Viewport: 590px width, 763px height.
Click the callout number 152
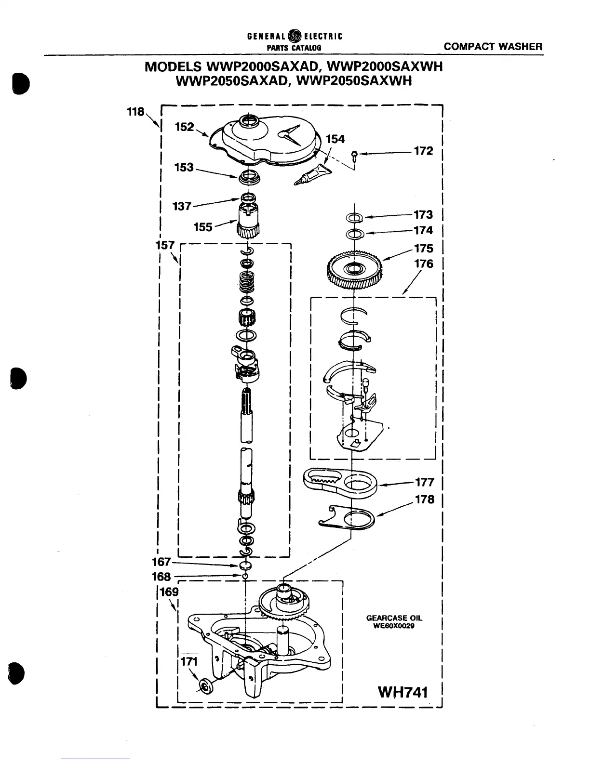coord(184,127)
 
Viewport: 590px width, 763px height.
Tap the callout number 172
coord(423,151)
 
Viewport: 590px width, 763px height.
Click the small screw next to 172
coord(355,154)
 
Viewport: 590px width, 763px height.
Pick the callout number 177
coord(424,482)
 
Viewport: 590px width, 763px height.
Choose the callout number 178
coord(424,500)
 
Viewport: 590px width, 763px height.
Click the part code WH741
coord(403,692)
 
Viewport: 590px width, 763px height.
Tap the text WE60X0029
coord(394,627)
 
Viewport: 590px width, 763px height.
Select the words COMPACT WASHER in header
coord(493,47)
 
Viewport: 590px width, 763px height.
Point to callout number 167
coord(161,562)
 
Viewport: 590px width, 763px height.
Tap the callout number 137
coord(182,207)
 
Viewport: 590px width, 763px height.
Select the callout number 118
coord(135,112)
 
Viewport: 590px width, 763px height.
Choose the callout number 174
coord(423,230)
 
